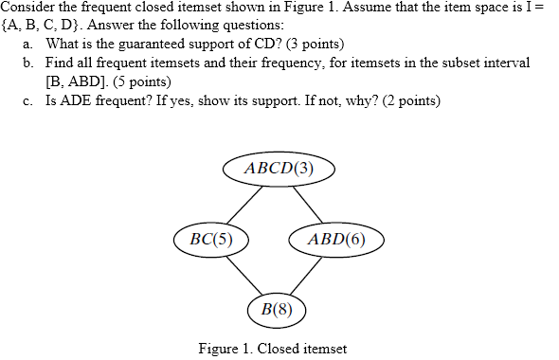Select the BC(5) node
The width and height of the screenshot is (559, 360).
point(211,238)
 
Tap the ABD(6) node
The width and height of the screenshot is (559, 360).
point(336,238)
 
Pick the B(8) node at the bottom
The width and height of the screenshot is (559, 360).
point(277,308)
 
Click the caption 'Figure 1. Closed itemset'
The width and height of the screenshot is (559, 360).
point(273,348)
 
